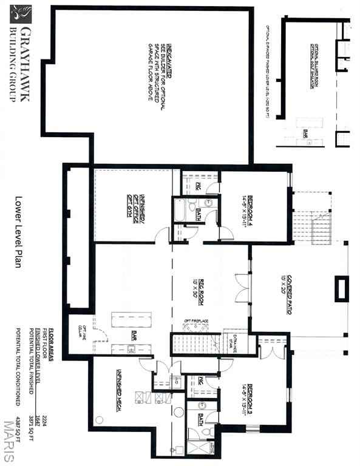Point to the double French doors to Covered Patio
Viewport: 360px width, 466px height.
[242, 288]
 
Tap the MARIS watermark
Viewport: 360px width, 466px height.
[8, 441]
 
